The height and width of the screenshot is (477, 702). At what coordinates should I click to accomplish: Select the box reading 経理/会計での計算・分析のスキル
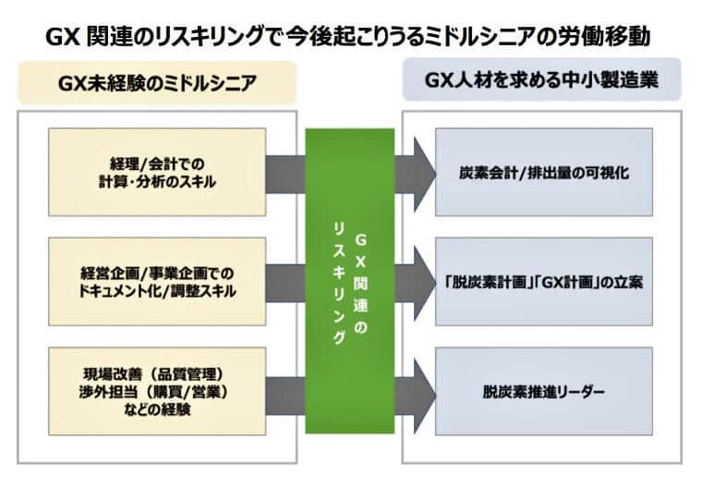coord(156,172)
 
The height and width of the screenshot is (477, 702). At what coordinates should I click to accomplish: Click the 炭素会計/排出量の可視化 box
coord(544,172)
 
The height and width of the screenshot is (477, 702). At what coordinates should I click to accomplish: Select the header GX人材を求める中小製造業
coord(542,80)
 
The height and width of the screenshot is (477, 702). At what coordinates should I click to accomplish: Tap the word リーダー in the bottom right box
coord(580,392)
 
